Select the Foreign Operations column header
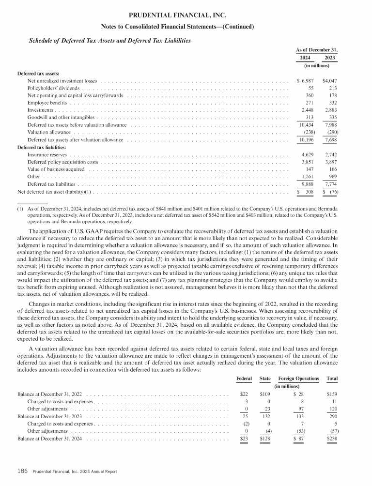click(x=299, y=378)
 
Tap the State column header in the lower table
click(x=265, y=378)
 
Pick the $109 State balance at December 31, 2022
click(x=265, y=395)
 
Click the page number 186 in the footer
click(x=23, y=471)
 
